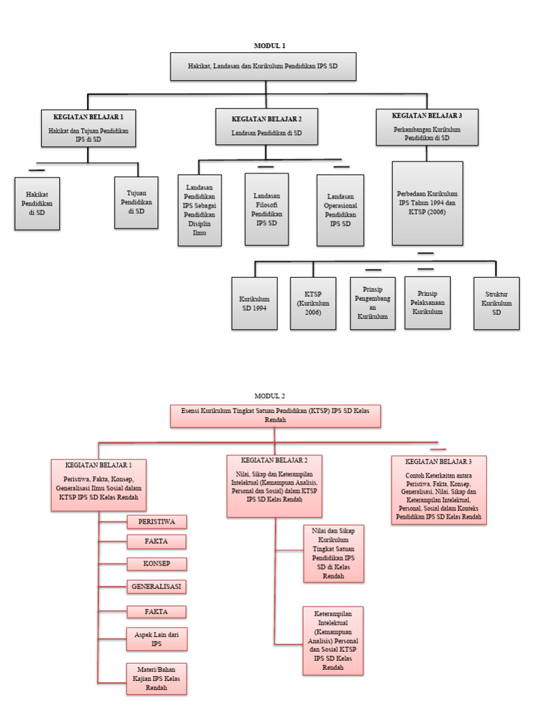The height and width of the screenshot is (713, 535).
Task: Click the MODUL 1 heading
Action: coord(270,45)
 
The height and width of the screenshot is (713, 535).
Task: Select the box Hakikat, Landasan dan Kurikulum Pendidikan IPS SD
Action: coord(263,66)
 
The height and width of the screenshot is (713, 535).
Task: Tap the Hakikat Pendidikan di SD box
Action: coord(37,203)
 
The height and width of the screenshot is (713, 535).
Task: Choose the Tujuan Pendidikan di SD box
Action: coord(137,202)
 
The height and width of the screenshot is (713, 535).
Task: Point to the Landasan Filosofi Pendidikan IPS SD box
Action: coord(267,209)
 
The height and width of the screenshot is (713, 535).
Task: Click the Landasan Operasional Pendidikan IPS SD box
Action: coord(340,210)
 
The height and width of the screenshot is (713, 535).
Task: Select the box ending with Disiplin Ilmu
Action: coord(200,210)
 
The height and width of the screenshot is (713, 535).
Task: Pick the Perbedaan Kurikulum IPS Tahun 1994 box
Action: coord(427,203)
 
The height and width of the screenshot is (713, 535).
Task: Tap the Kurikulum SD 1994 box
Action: coord(253,303)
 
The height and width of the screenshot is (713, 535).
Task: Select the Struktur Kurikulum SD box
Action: coord(496,303)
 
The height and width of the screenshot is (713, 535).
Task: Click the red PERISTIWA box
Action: coord(157,522)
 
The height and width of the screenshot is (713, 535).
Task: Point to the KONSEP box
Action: coord(157,563)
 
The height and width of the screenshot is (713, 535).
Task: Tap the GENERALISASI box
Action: coord(157,586)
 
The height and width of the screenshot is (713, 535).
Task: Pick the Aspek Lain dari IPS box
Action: coord(157,639)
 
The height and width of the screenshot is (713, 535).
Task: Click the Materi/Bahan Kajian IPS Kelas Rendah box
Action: coord(157,678)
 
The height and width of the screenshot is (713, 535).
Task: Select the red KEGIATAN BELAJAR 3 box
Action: coord(438,489)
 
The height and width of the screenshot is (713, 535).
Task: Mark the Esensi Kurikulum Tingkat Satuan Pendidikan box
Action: coord(275,416)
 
